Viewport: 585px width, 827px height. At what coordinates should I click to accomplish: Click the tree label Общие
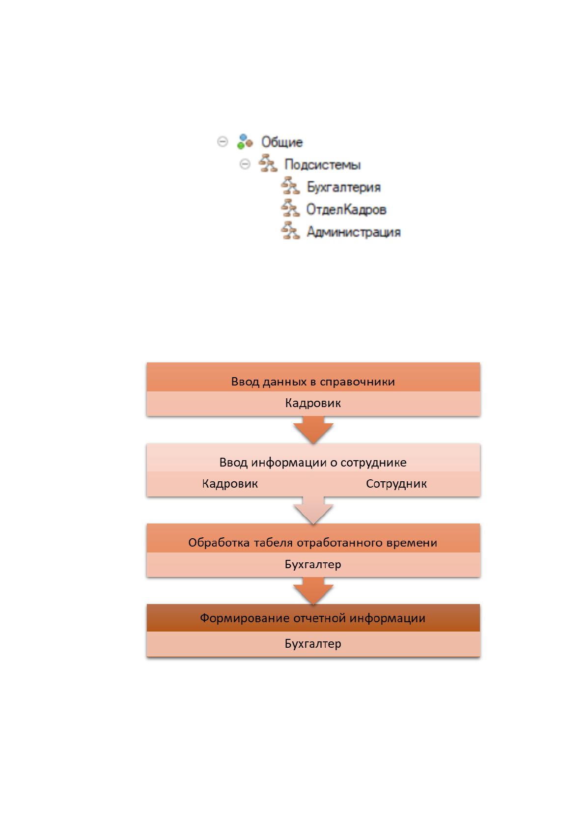[x=282, y=142]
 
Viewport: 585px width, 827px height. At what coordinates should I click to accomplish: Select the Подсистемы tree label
[x=322, y=165]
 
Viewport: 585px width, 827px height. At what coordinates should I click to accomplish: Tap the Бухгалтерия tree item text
[x=343, y=187]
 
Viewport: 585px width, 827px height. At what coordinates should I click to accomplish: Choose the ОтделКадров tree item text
[x=346, y=209]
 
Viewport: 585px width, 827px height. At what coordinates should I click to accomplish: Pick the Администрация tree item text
[x=354, y=232]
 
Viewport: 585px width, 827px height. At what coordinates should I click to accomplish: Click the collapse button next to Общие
[x=223, y=141]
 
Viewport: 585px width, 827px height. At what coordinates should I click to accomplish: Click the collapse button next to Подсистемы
[x=245, y=164]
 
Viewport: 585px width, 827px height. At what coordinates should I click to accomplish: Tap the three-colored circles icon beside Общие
[x=245, y=142]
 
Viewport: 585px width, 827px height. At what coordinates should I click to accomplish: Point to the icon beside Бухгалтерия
[x=290, y=186]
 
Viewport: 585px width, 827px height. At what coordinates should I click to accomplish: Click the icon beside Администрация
[x=290, y=231]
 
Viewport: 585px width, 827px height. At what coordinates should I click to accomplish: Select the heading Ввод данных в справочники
[x=313, y=382]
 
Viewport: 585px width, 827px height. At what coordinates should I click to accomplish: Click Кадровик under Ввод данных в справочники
[x=313, y=403]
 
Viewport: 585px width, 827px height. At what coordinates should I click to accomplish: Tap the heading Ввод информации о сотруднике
[x=313, y=462]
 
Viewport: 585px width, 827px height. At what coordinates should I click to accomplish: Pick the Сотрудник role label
[x=396, y=484]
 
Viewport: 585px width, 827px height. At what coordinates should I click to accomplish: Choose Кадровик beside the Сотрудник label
[x=230, y=484]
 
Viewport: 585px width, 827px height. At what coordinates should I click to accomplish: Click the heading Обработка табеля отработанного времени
[x=313, y=543]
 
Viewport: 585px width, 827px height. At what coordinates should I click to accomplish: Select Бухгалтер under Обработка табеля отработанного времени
[x=313, y=564]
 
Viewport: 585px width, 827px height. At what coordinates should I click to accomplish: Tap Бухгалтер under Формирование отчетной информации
[x=313, y=643]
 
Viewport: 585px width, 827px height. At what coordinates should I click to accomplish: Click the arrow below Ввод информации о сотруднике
[x=313, y=510]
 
